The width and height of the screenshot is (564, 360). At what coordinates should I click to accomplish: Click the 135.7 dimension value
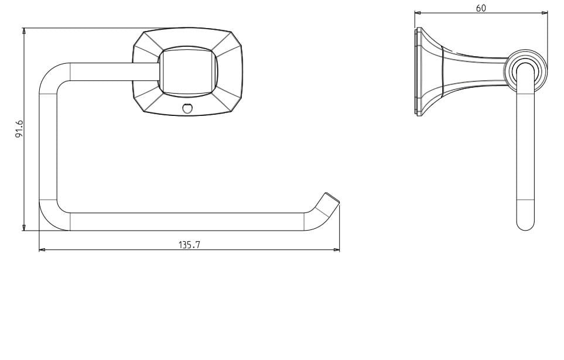[189, 245]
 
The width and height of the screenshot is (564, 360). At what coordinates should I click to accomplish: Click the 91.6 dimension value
[19, 129]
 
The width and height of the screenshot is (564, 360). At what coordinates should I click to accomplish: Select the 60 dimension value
[481, 8]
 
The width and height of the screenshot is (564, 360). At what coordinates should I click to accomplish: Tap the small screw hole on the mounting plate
[187, 108]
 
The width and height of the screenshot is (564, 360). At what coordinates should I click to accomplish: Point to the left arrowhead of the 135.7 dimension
[42, 249]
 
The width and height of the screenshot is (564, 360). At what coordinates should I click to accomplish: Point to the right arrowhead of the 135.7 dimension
[337, 249]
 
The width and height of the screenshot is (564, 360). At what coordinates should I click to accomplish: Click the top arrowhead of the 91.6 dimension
[24, 31]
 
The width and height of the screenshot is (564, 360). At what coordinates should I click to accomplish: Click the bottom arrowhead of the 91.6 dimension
[24, 228]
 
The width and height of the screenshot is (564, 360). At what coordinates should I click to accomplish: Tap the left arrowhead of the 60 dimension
[418, 13]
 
